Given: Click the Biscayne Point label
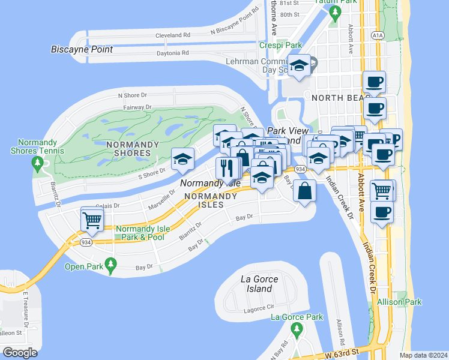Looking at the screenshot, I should click(82, 49).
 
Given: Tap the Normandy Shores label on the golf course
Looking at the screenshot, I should click(132, 149).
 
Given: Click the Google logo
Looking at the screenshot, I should click(20, 353).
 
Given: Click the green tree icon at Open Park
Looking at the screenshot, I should click(110, 263).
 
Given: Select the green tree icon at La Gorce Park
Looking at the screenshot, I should click(295, 329).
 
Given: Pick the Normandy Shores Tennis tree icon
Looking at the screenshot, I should click(38, 163).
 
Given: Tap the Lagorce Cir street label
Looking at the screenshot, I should click(259, 310).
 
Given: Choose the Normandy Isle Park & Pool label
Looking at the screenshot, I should click(140, 233).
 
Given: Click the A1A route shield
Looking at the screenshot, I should click(377, 35).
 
